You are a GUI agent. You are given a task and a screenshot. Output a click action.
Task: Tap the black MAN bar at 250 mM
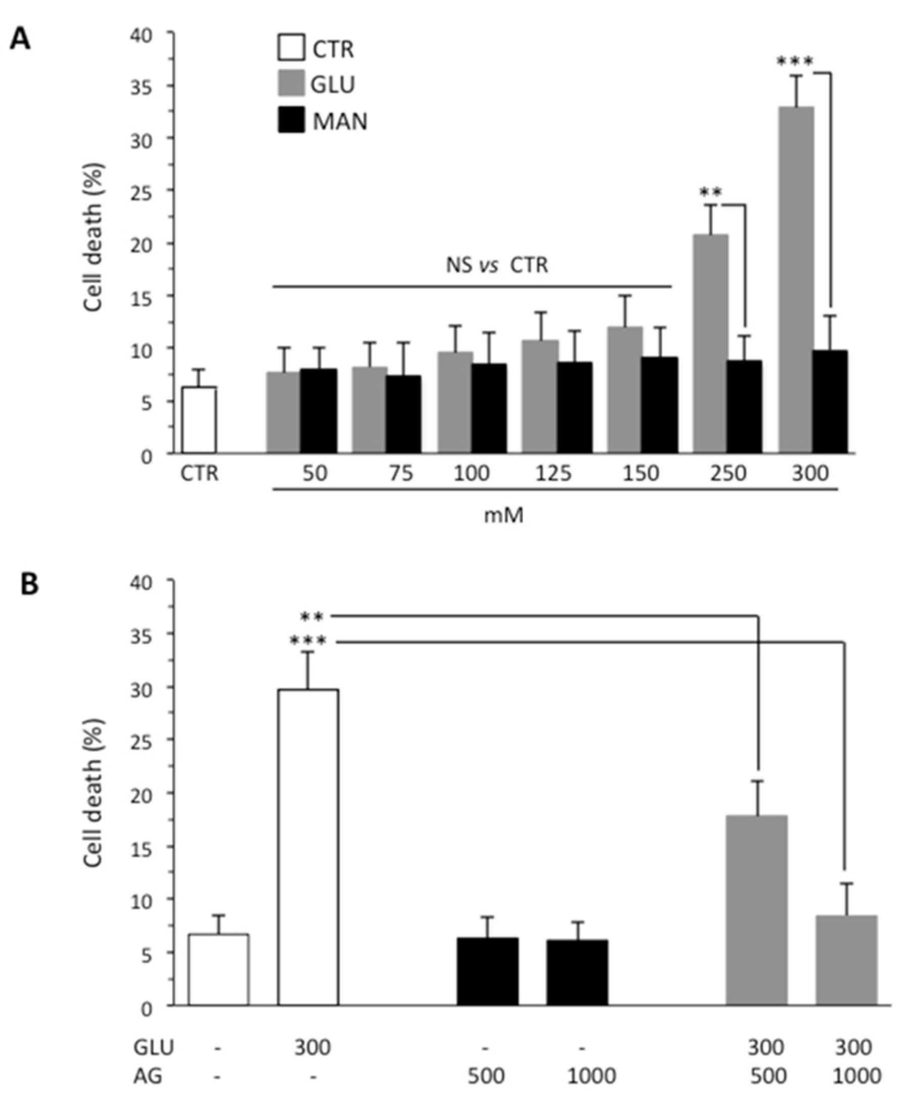(x=744, y=407)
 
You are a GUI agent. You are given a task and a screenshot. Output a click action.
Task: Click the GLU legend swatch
(x=291, y=84)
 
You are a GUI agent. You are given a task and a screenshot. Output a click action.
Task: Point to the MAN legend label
(x=340, y=121)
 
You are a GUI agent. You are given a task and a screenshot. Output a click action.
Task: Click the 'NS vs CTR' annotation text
(x=497, y=266)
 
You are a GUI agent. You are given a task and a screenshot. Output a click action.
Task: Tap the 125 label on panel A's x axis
(x=554, y=473)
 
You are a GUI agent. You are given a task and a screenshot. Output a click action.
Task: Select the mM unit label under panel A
(x=504, y=515)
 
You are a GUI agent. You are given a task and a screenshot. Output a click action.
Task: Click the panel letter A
(x=20, y=39)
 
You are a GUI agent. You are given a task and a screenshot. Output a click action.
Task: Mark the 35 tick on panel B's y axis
(x=151, y=635)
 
